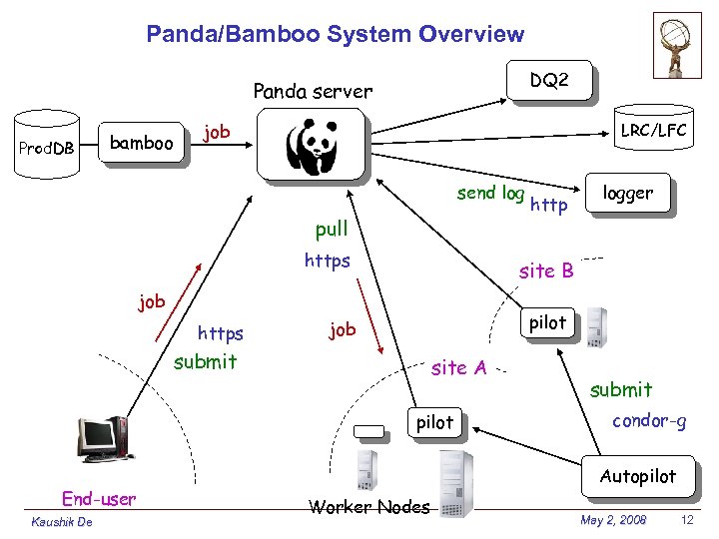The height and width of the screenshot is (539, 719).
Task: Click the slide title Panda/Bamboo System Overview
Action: (x=335, y=34)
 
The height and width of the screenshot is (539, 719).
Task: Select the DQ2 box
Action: (x=549, y=80)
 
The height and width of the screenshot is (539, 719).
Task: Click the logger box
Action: (x=629, y=194)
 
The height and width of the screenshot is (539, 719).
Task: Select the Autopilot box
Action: (x=638, y=477)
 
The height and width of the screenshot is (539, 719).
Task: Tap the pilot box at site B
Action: (x=547, y=322)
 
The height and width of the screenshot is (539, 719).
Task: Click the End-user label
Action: (x=99, y=498)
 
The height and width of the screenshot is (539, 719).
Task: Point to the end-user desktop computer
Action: (x=102, y=439)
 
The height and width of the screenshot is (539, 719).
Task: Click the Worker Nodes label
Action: (x=369, y=507)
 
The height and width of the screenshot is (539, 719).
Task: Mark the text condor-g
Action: (x=649, y=420)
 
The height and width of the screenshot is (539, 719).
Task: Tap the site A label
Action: (x=458, y=368)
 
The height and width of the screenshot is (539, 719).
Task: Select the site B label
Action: (x=546, y=270)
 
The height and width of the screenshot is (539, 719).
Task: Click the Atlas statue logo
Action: (x=677, y=45)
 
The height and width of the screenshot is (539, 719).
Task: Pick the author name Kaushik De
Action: (x=62, y=522)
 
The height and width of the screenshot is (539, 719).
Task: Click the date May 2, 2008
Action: (x=613, y=521)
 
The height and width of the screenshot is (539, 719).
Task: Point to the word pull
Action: (x=332, y=229)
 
